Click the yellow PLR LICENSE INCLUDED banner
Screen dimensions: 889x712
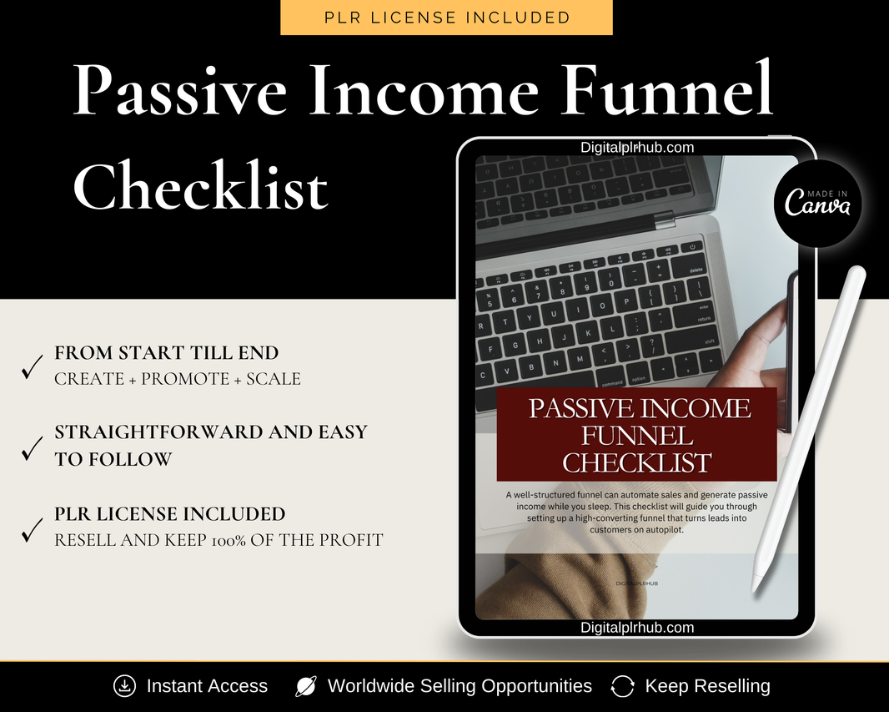coord(446,17)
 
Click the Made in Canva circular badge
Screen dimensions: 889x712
coord(817,203)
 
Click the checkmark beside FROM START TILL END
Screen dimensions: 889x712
coord(33,366)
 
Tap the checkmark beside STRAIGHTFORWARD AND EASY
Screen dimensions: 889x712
coord(33,448)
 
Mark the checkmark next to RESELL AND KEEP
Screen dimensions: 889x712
coord(33,530)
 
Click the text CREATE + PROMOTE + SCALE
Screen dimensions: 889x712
coord(178,379)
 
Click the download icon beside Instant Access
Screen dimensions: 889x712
coord(125,686)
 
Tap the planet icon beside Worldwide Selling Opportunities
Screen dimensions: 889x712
coord(306,686)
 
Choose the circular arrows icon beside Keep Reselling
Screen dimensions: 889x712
coord(622,686)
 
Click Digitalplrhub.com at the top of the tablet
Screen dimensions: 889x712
coord(636,148)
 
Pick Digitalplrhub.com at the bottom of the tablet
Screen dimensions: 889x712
coord(636,628)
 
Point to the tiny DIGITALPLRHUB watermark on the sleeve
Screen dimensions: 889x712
coord(636,583)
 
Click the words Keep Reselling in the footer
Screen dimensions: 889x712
coord(707,686)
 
